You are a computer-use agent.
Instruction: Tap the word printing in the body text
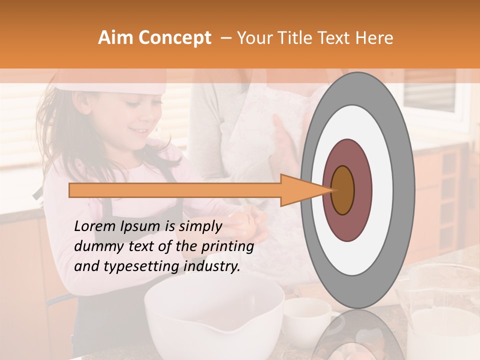coord(230,246)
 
